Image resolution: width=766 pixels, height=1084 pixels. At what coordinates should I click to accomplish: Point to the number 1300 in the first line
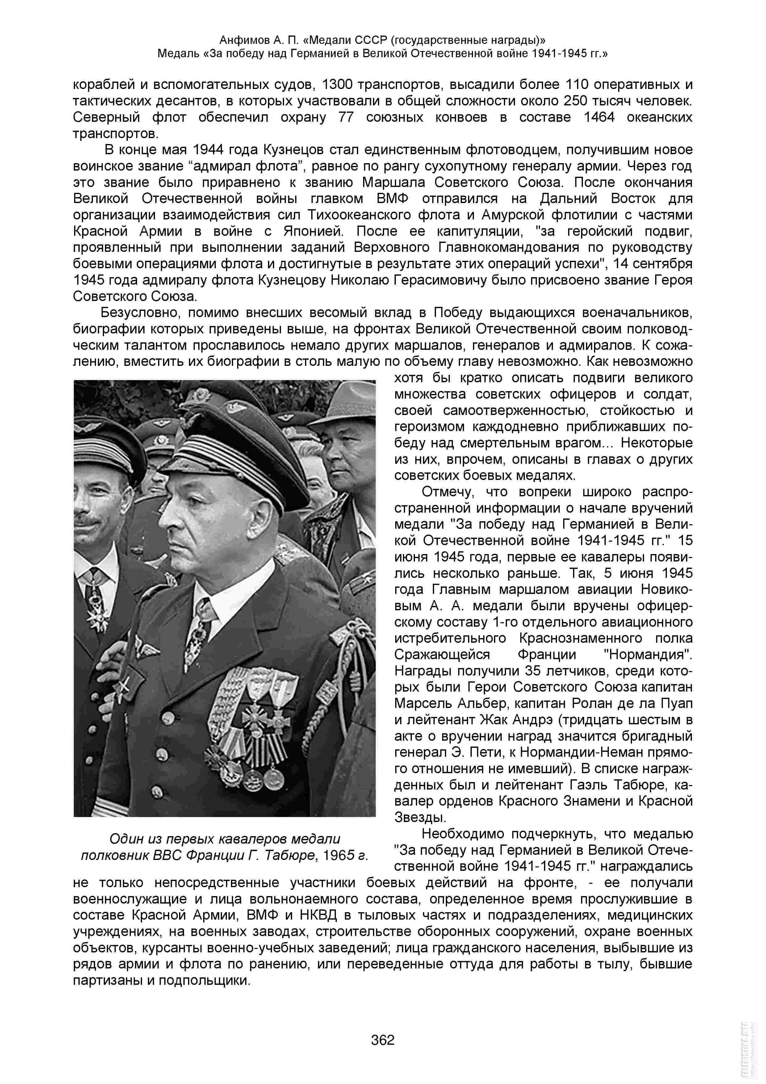337,84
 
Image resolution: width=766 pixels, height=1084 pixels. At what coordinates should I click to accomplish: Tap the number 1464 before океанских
599,117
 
